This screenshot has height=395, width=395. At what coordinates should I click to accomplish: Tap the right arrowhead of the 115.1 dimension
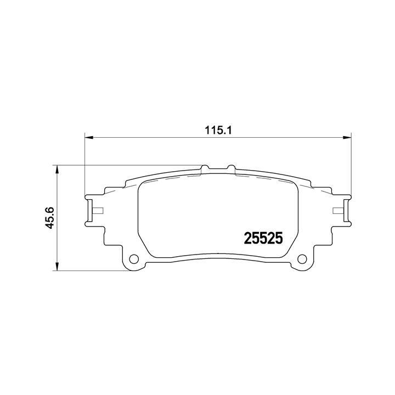pos(346,138)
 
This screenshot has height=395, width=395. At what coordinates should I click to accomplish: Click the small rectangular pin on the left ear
pos(98,211)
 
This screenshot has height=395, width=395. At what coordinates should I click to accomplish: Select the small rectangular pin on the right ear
pos(337,211)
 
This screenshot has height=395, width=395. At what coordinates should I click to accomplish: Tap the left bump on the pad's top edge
pos(205,168)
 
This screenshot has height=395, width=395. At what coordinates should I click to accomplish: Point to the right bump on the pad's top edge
pos(230,168)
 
